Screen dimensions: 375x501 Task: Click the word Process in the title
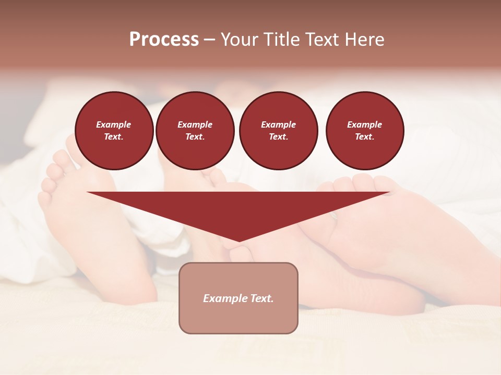click(x=164, y=40)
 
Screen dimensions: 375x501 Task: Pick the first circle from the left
click(x=114, y=131)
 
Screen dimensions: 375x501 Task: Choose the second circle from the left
click(x=195, y=131)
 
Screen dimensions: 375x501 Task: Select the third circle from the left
click(x=279, y=131)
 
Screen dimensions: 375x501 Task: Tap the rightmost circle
click(x=365, y=131)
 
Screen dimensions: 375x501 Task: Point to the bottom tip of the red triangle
click(x=239, y=241)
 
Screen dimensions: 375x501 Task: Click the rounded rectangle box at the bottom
click(x=238, y=298)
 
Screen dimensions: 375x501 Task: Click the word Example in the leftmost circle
click(x=114, y=124)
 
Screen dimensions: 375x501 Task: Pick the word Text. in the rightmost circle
click(x=365, y=137)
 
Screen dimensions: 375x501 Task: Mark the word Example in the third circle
click(x=279, y=124)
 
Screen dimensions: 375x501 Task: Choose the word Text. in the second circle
click(x=195, y=137)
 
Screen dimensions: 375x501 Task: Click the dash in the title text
click(x=209, y=40)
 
